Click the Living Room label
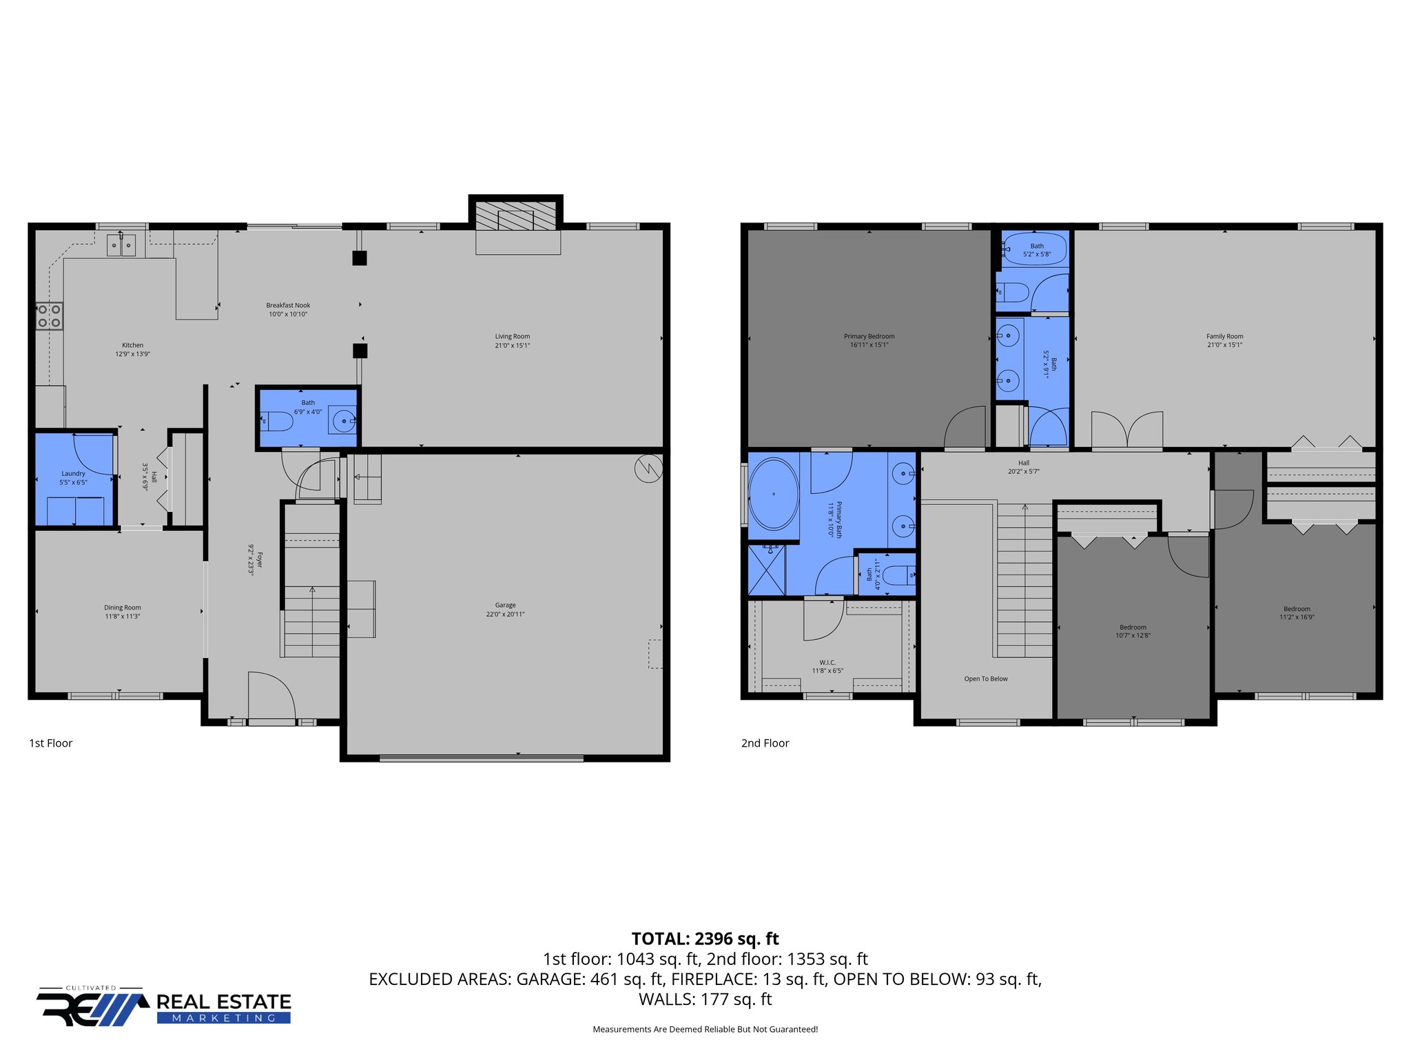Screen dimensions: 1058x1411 pyautogui.click(x=512, y=337)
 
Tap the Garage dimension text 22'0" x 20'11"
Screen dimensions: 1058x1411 pyautogui.click(x=505, y=614)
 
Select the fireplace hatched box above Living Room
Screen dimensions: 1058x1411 pyautogui.click(x=516, y=216)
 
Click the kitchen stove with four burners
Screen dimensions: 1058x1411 pyautogui.click(x=50, y=316)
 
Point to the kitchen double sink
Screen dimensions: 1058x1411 pyautogui.click(x=121, y=245)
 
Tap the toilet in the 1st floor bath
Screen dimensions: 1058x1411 pyautogui.click(x=278, y=420)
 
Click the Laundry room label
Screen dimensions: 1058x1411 pyautogui.click(x=73, y=474)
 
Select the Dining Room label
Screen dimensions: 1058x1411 pyautogui.click(x=123, y=608)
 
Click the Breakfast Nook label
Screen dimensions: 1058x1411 pyautogui.click(x=288, y=305)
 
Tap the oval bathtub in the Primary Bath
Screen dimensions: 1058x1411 pyautogui.click(x=774, y=494)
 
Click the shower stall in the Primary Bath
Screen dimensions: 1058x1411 pyautogui.click(x=767, y=570)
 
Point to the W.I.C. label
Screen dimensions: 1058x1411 pyautogui.click(x=827, y=663)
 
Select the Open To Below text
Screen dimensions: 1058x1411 pyautogui.click(x=985, y=679)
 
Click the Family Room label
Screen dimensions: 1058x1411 pyautogui.click(x=1224, y=337)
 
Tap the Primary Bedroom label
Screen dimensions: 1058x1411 pyautogui.click(x=869, y=337)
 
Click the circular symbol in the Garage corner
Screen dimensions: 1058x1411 pyautogui.click(x=648, y=469)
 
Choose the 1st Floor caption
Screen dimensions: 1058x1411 pyautogui.click(x=50, y=743)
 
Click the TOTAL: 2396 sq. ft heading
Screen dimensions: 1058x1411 pyautogui.click(x=705, y=939)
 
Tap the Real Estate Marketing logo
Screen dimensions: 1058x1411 pyautogui.click(x=164, y=1008)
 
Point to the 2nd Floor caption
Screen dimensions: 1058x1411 pyautogui.click(x=765, y=743)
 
